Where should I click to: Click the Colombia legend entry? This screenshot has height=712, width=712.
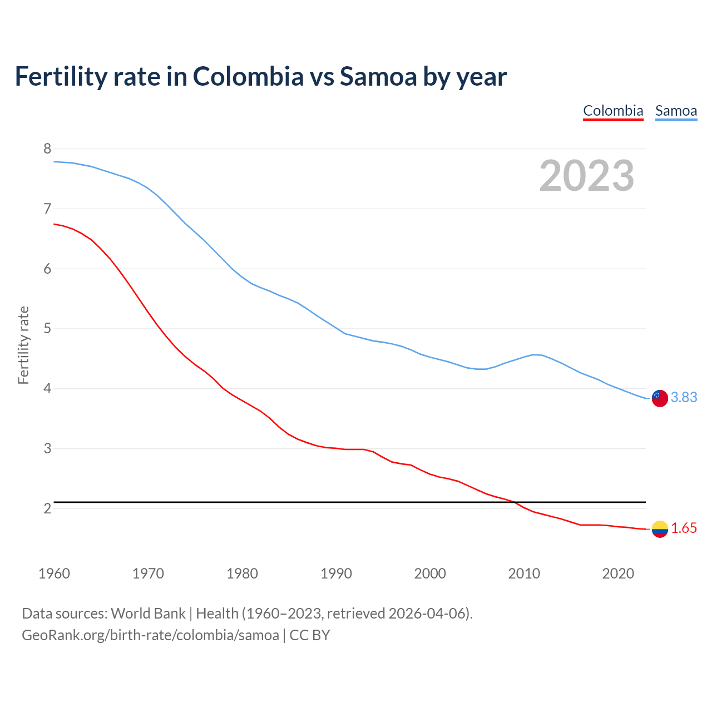click(613, 111)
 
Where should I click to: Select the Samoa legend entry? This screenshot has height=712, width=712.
click(676, 111)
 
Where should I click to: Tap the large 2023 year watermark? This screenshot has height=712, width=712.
click(586, 176)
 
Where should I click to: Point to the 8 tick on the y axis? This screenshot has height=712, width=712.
click(47, 149)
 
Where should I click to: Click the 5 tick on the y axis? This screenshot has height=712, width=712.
click(47, 328)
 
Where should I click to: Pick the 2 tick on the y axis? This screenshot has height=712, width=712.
click(47, 508)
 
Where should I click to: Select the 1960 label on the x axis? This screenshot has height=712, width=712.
click(54, 573)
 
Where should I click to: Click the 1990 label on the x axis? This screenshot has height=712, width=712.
click(336, 573)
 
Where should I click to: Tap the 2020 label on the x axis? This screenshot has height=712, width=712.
click(618, 573)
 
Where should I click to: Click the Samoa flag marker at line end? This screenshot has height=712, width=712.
click(660, 398)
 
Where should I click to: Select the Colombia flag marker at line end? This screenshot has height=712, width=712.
click(660, 529)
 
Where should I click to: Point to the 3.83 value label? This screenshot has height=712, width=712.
click(684, 397)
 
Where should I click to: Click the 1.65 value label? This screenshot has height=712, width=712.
click(684, 528)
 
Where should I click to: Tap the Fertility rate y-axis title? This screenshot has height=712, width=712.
click(23, 345)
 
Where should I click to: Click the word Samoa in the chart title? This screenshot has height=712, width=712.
click(378, 77)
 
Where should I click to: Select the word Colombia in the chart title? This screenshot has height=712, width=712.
click(248, 77)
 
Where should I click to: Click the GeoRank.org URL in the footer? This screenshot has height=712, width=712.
click(150, 635)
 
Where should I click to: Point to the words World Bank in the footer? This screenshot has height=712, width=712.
click(148, 614)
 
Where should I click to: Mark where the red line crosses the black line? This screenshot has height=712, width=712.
click(514, 502)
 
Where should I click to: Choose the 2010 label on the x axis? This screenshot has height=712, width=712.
click(524, 573)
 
